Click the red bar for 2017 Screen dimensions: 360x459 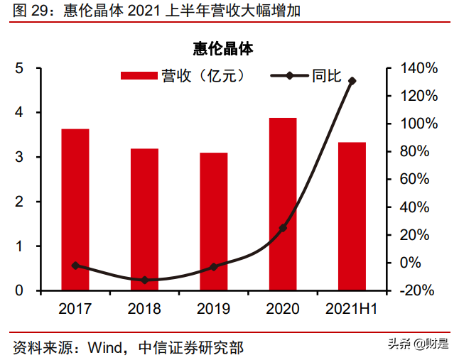75,209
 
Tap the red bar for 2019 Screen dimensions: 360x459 213,222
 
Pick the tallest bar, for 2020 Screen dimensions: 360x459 283,204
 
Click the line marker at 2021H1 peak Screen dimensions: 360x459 352,81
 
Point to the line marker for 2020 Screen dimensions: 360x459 283,228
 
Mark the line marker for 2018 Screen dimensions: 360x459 145,280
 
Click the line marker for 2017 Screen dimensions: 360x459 75,266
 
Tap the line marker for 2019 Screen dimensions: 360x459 214,267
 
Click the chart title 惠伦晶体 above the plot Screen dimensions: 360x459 222,49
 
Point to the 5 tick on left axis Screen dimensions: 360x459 20,68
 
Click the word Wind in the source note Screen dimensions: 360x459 104,347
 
